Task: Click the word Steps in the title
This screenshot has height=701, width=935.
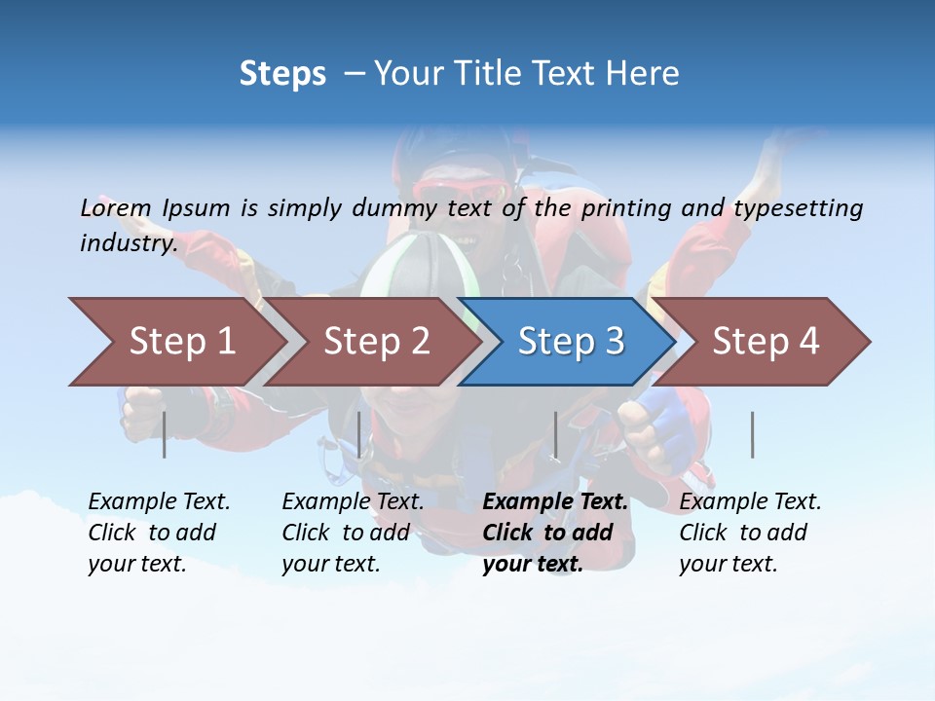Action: point(282,73)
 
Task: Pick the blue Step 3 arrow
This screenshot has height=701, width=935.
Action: point(570,342)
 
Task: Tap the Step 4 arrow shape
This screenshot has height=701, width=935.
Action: point(765,342)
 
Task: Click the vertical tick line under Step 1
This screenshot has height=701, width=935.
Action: point(165,434)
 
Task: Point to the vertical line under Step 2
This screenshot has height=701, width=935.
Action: point(359,434)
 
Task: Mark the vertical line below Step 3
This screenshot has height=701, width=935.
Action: point(555,434)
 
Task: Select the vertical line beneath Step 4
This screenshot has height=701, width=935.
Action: point(752,434)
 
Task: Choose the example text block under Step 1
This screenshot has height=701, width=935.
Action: point(159,533)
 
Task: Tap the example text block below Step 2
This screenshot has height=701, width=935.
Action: point(353,533)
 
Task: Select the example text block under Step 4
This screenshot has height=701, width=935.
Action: point(750,533)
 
